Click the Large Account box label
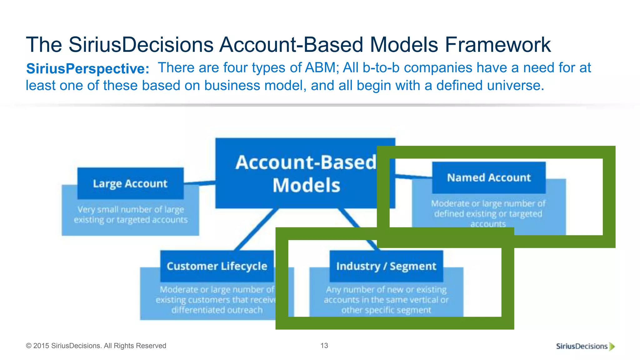tap(130, 183)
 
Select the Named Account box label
tap(489, 177)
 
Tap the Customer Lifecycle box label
tap(217, 266)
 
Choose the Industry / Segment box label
tap(386, 266)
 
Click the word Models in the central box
tap(306, 185)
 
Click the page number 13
tap(324, 346)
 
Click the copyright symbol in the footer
tap(29, 346)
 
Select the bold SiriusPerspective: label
tap(88, 69)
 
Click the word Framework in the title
tap(498, 45)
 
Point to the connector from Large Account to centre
tap(199, 182)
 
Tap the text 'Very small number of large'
tap(131, 209)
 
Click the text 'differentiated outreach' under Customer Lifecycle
tap(217, 310)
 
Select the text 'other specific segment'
tap(386, 310)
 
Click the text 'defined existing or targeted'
tap(488, 214)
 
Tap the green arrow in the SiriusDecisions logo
tap(612, 346)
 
